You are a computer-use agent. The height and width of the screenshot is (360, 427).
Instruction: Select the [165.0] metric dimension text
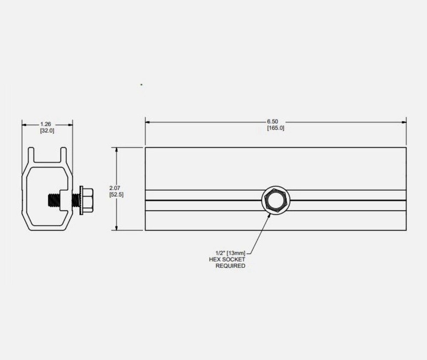(x=275, y=128)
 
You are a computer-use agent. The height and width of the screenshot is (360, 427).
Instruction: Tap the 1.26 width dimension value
(x=47, y=125)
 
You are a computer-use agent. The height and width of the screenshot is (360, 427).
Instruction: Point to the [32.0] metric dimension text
(x=47, y=131)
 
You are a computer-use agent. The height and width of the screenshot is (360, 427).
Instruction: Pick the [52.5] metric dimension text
(x=116, y=195)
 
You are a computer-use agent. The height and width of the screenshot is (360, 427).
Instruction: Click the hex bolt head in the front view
(x=275, y=200)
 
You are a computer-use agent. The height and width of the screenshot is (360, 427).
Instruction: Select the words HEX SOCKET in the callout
(x=227, y=259)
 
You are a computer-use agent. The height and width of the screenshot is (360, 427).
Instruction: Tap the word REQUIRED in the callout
(x=230, y=266)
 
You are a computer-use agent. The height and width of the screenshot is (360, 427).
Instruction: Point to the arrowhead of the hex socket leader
(x=269, y=215)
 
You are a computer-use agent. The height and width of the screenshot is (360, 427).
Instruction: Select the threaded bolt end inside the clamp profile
(x=53, y=200)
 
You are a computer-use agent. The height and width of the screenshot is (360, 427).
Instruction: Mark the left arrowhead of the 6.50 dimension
(x=148, y=122)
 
